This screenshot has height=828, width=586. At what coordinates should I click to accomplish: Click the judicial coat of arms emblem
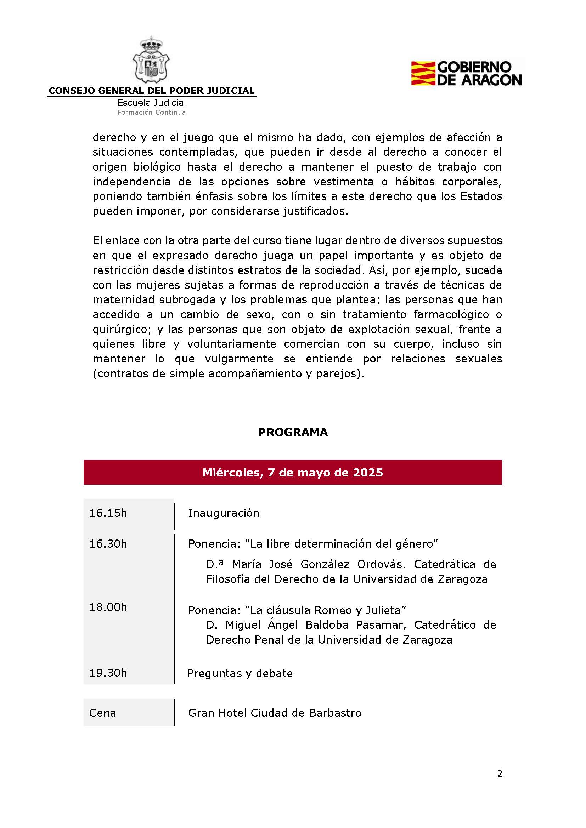tap(152, 60)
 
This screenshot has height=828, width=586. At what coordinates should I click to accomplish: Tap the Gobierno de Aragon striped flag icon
tap(423, 73)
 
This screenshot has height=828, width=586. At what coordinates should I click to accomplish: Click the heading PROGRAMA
tap(293, 432)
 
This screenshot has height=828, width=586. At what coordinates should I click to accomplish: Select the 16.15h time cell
tap(108, 513)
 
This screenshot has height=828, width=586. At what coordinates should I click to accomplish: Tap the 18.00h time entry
tap(108, 607)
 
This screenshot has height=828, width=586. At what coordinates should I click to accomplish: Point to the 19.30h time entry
tap(108, 673)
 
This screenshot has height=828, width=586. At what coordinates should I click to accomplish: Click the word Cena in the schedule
tap(102, 713)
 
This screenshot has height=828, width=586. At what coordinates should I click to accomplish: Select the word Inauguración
tap(223, 513)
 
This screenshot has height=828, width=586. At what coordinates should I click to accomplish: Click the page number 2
tap(500, 774)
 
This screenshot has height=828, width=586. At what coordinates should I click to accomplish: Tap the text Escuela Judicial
tap(151, 103)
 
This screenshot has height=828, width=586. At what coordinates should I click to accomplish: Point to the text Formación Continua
tap(151, 113)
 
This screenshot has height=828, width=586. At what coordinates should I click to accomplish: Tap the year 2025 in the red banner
tap(368, 473)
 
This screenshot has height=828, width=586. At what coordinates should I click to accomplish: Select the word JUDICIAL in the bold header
tap(231, 91)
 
